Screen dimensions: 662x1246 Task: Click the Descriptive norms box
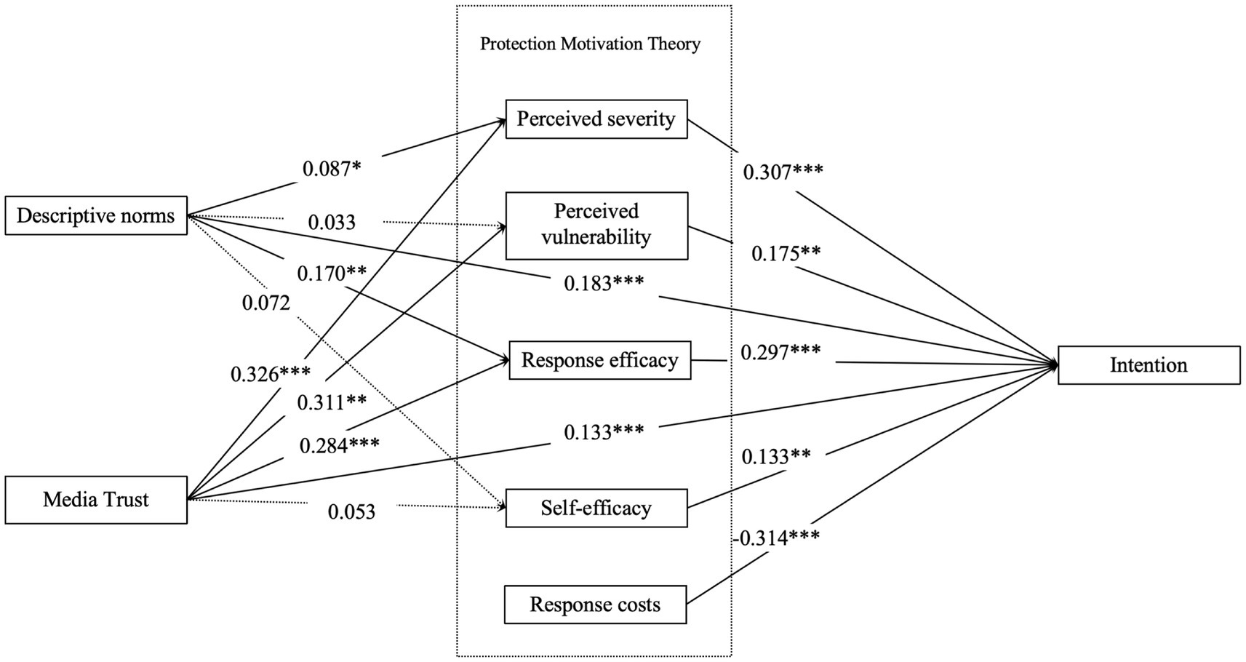tap(96, 215)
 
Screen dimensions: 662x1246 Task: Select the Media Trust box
tap(96, 499)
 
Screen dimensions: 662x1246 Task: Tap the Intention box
tap(1149, 364)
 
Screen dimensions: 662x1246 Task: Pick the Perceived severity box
tap(596, 119)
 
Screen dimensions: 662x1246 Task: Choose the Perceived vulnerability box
tap(596, 225)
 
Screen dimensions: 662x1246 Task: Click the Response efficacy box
tap(600, 360)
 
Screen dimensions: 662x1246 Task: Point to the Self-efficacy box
tap(596, 508)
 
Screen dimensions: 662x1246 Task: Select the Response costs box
tap(595, 605)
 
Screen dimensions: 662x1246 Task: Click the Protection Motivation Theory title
tap(590, 44)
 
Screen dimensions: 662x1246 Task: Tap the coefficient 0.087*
tap(332, 169)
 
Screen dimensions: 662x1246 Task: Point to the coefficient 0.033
tap(332, 222)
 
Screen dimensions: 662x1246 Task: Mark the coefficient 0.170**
tap(332, 274)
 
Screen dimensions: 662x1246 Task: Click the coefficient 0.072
tap(266, 303)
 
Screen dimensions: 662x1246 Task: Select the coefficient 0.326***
tap(271, 374)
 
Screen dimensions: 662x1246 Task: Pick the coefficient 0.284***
tap(340, 444)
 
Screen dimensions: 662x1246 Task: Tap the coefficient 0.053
tap(351, 512)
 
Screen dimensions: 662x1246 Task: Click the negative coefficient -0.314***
tap(777, 538)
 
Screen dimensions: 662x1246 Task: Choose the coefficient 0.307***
tap(783, 172)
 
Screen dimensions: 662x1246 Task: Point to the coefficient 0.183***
tap(604, 283)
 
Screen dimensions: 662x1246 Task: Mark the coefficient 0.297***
tap(780, 352)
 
